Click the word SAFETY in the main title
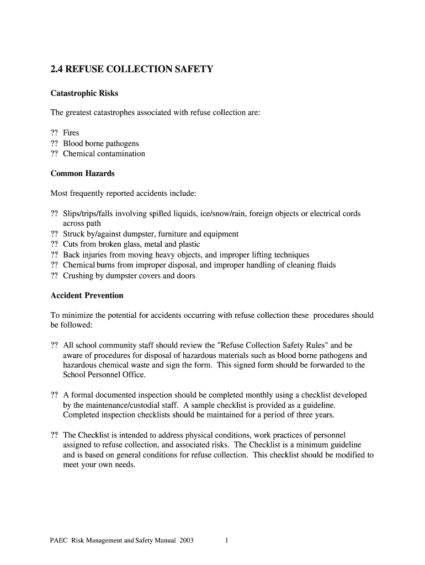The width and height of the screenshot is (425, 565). click(x=193, y=69)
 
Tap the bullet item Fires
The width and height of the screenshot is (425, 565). click(x=71, y=133)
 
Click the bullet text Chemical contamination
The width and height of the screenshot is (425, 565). click(x=104, y=154)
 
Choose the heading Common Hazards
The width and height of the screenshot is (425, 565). click(x=83, y=173)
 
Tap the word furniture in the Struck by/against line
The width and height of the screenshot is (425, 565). click(x=173, y=234)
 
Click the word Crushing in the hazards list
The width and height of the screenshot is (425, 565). click(x=78, y=275)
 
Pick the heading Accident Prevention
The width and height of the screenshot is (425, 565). click(x=87, y=295)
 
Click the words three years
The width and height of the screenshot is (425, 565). click(x=315, y=415)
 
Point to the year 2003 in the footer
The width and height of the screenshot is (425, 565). click(x=186, y=541)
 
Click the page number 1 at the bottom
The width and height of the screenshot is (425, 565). click(x=226, y=541)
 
